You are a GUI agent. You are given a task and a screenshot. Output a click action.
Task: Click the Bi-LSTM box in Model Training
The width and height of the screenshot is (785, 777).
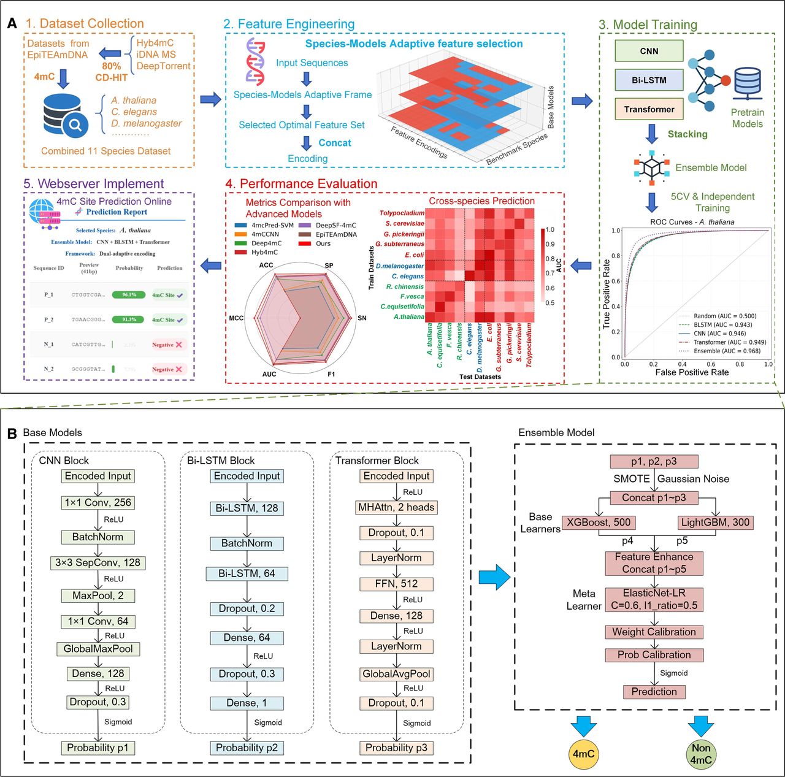(649, 80)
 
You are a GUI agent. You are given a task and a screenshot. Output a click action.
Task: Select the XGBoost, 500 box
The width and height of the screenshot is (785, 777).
(599, 522)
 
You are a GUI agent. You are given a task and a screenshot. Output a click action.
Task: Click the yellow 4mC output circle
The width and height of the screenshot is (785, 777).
(583, 753)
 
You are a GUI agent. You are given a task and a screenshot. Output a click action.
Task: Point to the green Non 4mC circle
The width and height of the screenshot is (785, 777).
(700, 754)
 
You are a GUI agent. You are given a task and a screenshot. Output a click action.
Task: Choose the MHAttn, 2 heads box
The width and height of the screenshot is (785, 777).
(396, 507)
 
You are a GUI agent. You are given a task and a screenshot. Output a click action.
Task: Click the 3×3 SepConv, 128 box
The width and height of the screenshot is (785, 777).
(98, 562)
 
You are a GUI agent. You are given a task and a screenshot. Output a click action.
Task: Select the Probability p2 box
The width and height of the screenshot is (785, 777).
(247, 748)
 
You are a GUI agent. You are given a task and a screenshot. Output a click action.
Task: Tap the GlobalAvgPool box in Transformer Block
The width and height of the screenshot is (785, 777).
(396, 674)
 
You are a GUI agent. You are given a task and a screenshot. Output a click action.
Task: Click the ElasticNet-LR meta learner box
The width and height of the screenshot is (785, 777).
(654, 599)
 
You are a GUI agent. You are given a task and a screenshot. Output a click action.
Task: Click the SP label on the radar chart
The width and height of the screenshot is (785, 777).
(329, 266)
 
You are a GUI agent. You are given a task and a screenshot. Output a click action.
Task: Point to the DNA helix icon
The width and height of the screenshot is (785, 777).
(255, 60)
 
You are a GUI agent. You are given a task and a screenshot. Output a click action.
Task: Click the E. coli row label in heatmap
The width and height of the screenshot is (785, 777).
(414, 255)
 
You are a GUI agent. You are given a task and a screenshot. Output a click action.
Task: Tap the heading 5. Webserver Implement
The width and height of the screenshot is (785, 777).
(93, 184)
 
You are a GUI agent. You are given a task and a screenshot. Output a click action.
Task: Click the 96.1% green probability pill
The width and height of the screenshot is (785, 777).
(129, 295)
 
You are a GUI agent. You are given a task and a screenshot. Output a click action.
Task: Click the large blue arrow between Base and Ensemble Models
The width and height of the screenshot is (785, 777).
(494, 577)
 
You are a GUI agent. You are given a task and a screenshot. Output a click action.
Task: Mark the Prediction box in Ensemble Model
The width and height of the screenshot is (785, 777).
(654, 692)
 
